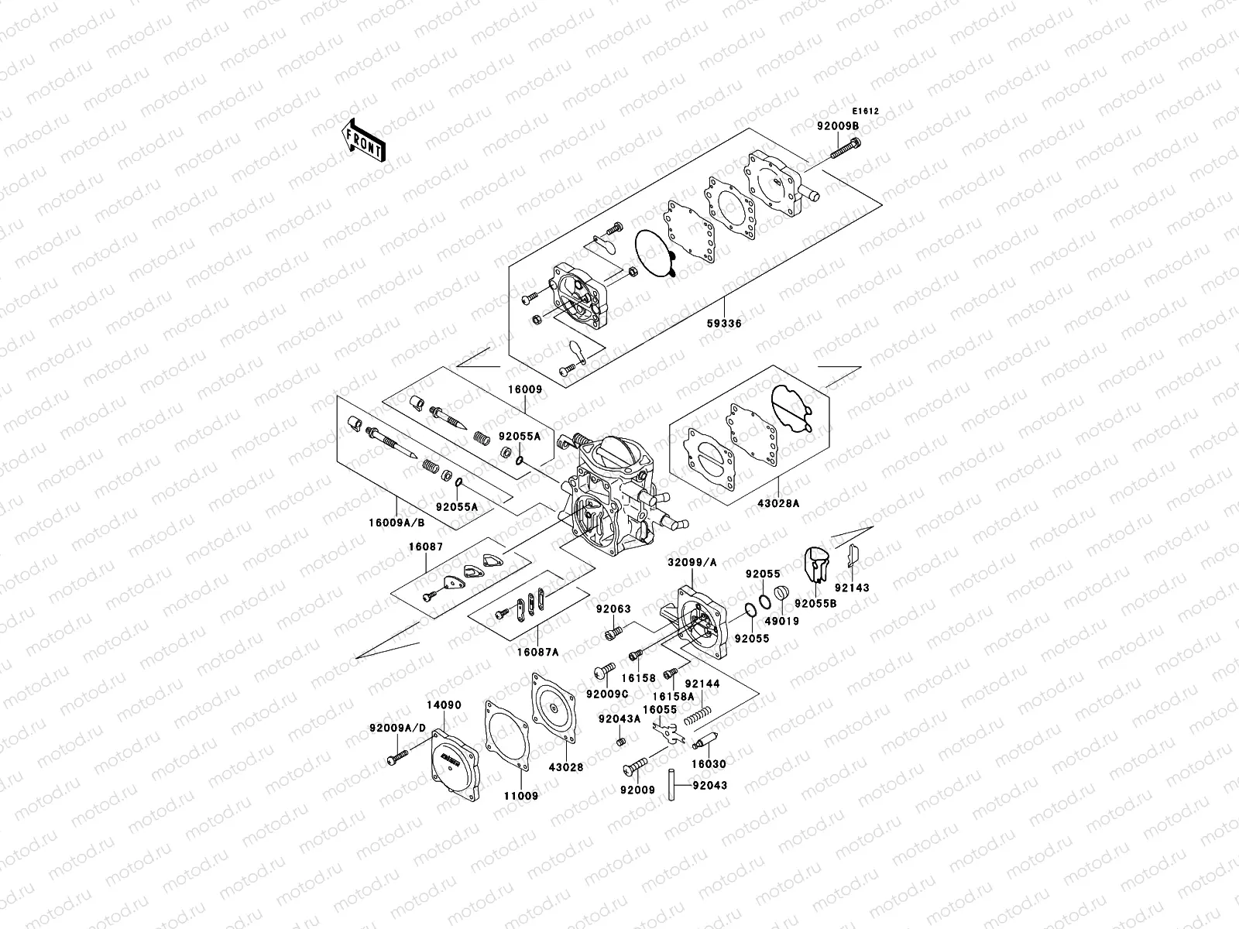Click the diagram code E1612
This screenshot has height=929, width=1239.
866,111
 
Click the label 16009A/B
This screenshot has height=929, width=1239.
397,522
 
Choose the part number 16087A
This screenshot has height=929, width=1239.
537,652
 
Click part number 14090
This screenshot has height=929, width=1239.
444,706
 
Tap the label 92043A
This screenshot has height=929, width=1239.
619,718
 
